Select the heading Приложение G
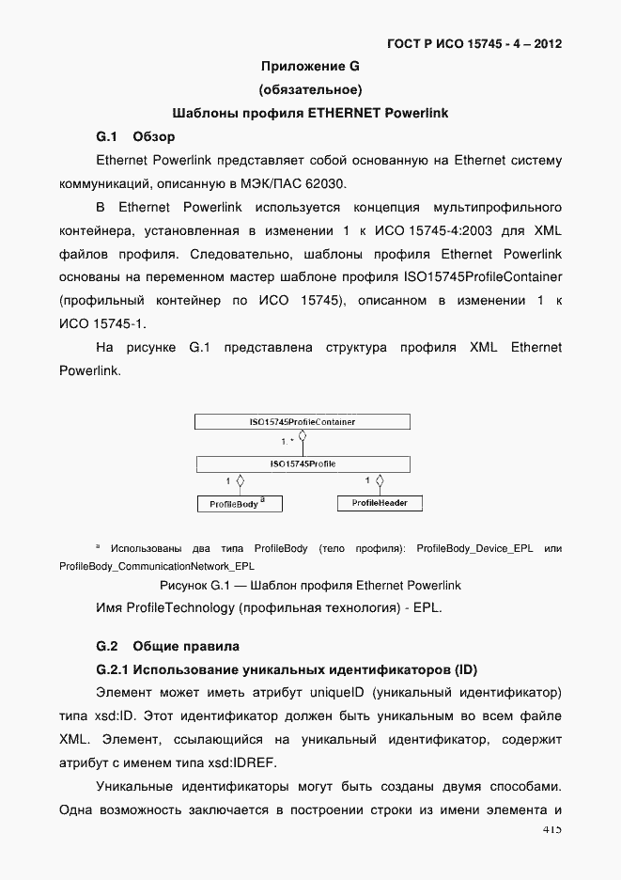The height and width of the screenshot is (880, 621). (x=310, y=67)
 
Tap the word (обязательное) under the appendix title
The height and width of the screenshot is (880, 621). (x=310, y=90)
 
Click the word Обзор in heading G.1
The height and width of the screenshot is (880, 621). (x=154, y=136)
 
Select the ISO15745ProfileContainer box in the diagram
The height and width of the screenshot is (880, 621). (x=302, y=422)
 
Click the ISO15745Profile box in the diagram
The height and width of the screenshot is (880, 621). (x=302, y=464)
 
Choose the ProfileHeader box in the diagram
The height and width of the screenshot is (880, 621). (x=379, y=503)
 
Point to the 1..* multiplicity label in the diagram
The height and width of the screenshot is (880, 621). (x=287, y=440)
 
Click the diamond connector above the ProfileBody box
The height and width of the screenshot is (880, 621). (x=241, y=482)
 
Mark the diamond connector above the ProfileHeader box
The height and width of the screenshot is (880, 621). (x=379, y=482)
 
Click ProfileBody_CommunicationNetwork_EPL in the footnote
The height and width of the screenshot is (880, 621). (x=156, y=566)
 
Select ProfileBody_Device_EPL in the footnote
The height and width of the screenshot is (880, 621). (x=474, y=548)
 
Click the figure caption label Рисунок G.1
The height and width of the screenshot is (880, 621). (x=195, y=585)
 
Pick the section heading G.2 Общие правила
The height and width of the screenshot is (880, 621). (x=168, y=646)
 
